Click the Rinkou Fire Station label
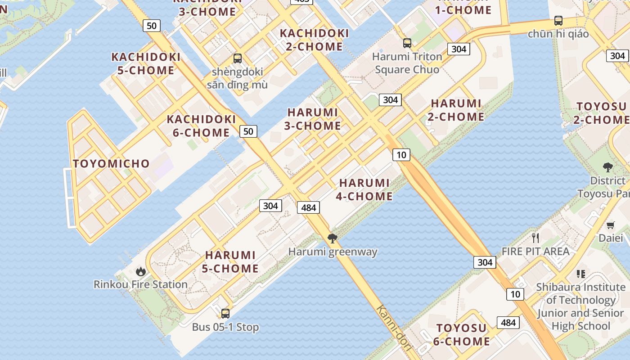[x=140, y=284]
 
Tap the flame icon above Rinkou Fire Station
[x=141, y=271]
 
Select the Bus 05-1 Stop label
[x=225, y=327]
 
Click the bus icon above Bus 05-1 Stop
[x=225, y=314]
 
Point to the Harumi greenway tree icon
[x=333, y=238]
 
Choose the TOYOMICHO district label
[x=111, y=164]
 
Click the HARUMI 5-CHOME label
[x=232, y=262]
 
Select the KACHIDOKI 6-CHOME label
[x=201, y=126]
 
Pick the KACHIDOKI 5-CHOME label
[x=146, y=63]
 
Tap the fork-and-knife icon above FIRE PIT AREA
[x=535, y=238]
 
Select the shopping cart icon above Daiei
[x=611, y=225]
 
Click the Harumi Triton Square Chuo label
[x=407, y=63]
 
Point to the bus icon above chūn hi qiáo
[x=558, y=21]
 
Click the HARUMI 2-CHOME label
[x=457, y=110]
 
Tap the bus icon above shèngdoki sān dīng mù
[x=237, y=58]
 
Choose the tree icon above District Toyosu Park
[x=608, y=167]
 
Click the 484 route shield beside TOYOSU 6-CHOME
[x=508, y=322]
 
